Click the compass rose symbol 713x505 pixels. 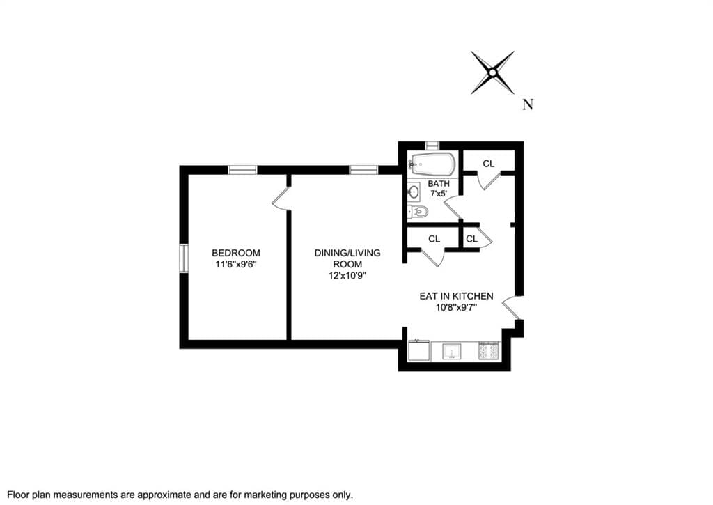tap(492, 72)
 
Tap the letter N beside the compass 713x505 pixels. tap(528, 105)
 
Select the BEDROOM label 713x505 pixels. tap(236, 253)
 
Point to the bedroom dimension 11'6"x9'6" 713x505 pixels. tap(236, 265)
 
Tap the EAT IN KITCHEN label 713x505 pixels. tap(456, 296)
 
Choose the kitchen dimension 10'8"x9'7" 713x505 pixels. tap(456, 308)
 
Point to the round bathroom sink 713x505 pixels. tap(415, 191)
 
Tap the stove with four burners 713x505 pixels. tap(489, 352)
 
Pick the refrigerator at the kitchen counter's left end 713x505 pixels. tap(418, 351)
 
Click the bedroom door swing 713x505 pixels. tap(281, 198)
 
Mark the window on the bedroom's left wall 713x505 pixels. tap(184, 258)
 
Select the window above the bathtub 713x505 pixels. tap(432, 145)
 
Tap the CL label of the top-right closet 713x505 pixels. tap(489, 164)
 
